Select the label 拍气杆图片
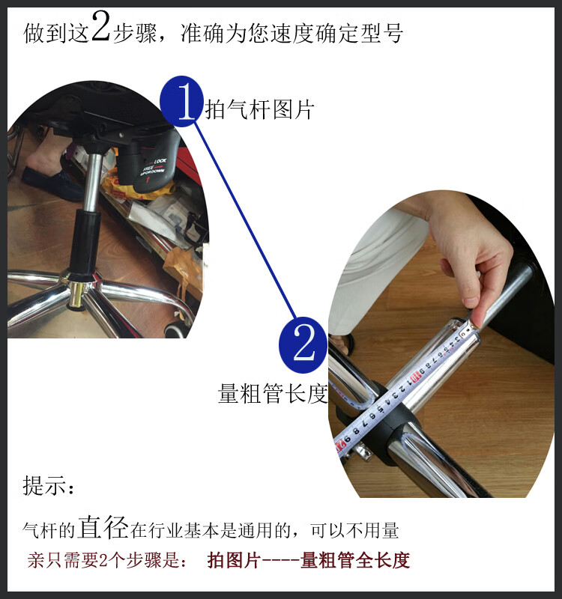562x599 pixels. click(259, 110)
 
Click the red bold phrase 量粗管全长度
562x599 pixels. click(355, 560)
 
